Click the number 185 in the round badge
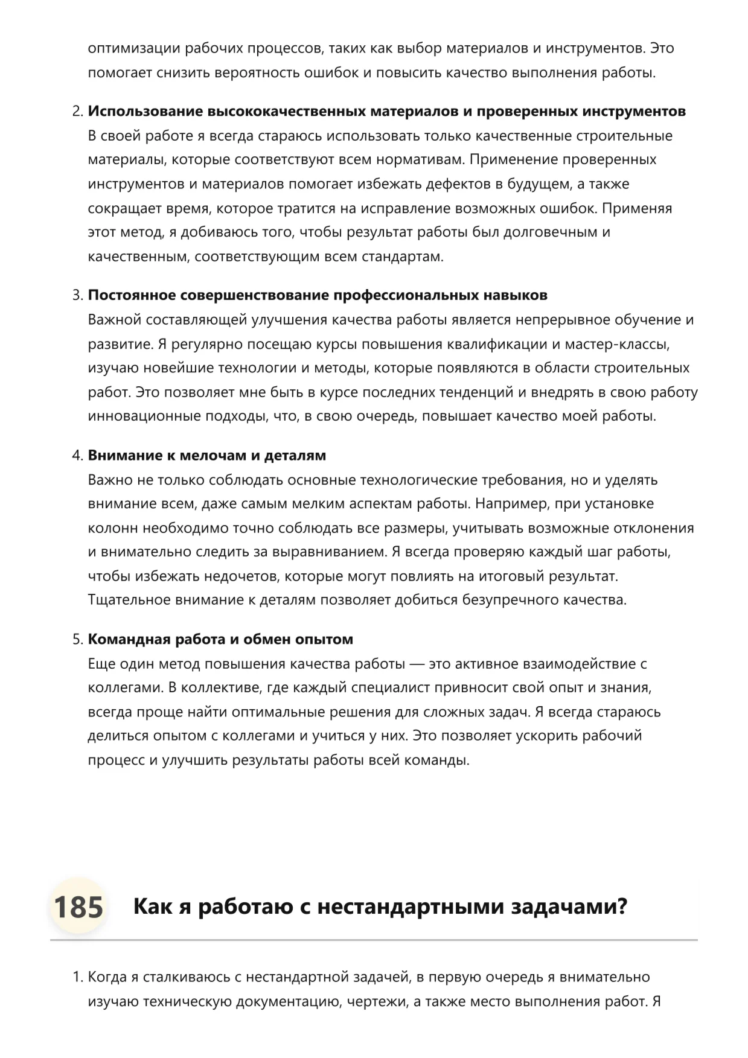pos(78,907)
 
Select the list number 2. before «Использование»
pos(77,112)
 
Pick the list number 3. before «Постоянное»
pos(77,296)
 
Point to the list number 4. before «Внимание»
pos(77,456)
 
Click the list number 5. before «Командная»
pos(77,640)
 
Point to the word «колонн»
pos(113,528)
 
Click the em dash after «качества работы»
pos(417,664)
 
